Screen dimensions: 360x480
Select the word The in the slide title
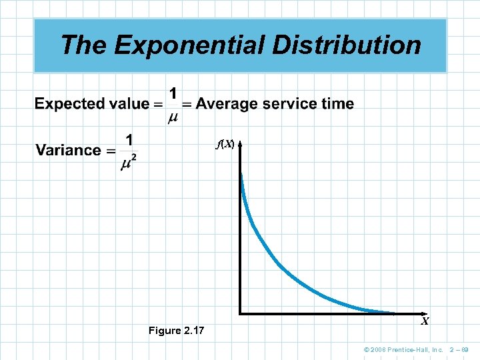pos(84,45)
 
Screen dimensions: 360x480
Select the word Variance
pos(68,150)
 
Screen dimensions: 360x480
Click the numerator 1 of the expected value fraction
pos(173,94)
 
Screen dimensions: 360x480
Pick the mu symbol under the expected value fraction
pos(173,118)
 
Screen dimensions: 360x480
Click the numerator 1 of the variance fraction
pos(129,140)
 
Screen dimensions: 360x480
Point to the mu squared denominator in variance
pos(129,163)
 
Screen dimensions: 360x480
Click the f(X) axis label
pos(224,143)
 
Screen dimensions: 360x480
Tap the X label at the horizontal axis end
pos(424,321)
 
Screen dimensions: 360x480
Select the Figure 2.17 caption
pos(177,331)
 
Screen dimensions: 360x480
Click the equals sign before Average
pos(187,104)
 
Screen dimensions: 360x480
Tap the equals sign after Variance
pos(111,151)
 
